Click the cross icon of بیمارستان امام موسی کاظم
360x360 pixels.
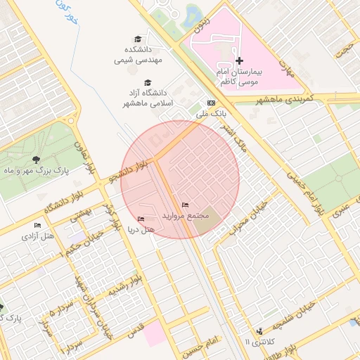click(239, 61)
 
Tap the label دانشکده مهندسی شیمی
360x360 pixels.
click(139, 55)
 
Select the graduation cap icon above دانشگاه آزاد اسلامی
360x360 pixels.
click(147, 82)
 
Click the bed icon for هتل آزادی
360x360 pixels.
click(37, 225)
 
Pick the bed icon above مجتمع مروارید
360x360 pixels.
click(185, 205)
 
